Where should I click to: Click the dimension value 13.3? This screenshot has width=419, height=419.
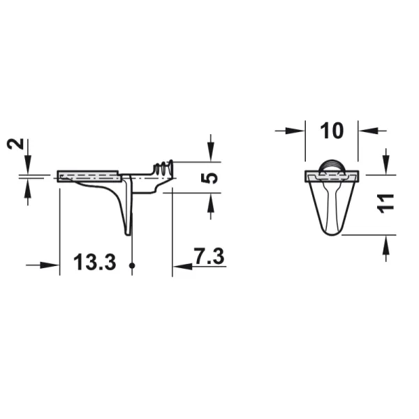(94, 263)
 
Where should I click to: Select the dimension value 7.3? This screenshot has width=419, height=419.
(209, 256)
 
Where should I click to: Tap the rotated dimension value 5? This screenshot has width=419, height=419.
(209, 177)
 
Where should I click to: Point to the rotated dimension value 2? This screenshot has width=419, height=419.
(15, 144)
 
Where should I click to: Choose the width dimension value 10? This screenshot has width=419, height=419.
(332, 131)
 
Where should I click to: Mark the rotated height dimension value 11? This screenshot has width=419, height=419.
(385, 204)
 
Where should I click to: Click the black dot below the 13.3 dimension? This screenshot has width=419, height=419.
(132, 265)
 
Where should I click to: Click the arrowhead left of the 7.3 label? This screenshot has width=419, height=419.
(182, 267)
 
